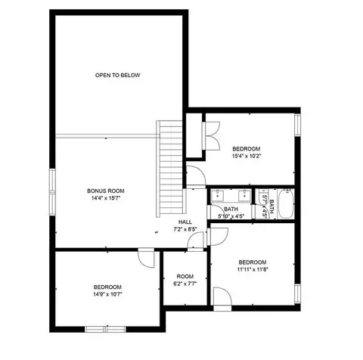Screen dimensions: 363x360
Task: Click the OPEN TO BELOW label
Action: point(117,75)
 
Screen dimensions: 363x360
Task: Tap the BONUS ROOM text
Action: point(106,191)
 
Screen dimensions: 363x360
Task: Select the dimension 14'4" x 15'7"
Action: point(105,198)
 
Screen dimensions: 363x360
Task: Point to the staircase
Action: point(171,169)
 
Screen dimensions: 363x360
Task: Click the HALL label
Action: point(185,222)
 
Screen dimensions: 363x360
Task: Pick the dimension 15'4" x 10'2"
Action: point(246,156)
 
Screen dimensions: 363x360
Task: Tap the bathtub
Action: point(286,203)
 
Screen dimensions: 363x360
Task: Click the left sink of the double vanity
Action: point(217,195)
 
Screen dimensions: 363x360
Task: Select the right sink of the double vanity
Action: point(244,195)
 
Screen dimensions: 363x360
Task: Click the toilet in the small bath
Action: point(263,194)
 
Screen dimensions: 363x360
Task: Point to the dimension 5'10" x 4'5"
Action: point(231,216)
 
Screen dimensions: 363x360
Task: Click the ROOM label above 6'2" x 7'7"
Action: point(185,276)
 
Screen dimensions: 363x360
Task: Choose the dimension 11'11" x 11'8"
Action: point(253,269)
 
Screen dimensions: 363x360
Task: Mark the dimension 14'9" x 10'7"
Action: point(107,294)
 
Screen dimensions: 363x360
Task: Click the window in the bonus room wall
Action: point(52,192)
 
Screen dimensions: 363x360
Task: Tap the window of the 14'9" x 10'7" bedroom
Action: point(105,329)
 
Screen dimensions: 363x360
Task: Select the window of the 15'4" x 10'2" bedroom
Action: point(298,125)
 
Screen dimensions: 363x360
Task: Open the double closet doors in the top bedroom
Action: point(211,136)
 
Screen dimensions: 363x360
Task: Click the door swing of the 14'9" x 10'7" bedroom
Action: point(146,258)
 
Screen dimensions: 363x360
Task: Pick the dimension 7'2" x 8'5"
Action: point(185,229)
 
